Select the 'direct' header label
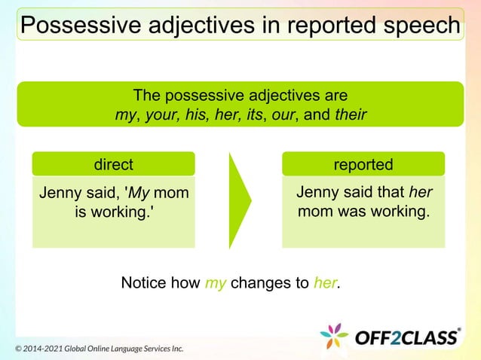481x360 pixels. pyautogui.click(x=113, y=164)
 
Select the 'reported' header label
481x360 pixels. pyautogui.click(x=363, y=164)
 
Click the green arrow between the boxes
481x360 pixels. pyautogui.click(x=240, y=200)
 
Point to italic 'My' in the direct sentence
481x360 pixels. pyautogui.click(x=137, y=194)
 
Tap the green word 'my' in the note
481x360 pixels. pyautogui.click(x=216, y=283)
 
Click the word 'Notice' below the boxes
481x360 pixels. pyautogui.click(x=144, y=283)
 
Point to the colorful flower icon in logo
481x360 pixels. pyautogui.click(x=334, y=337)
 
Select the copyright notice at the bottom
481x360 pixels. pyautogui.click(x=100, y=349)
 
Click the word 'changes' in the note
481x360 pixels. pyautogui.click(x=258, y=283)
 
